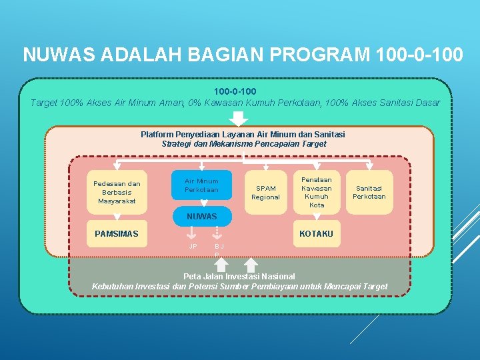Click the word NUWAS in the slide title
(x=54, y=55)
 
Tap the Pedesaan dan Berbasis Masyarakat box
(x=117, y=192)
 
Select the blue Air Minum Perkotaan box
(x=201, y=185)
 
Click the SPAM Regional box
(x=265, y=193)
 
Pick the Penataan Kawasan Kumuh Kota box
(x=317, y=192)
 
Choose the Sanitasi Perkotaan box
(x=369, y=192)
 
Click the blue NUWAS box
(x=201, y=217)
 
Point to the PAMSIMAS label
(x=117, y=233)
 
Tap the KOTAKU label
(x=316, y=233)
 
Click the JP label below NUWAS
(x=193, y=246)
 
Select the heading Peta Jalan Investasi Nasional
(x=239, y=276)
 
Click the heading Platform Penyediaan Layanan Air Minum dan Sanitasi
(x=243, y=135)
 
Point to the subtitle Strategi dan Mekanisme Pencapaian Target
(x=244, y=144)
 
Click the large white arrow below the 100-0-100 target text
(x=238, y=119)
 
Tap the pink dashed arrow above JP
(x=192, y=232)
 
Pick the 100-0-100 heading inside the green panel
(x=235, y=91)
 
